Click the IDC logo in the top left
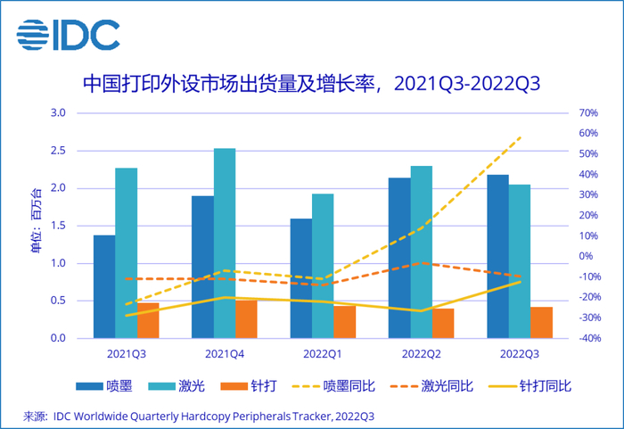point(68,35)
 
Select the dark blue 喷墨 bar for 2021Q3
point(104,286)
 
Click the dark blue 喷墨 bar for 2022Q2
point(398,258)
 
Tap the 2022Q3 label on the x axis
point(519,354)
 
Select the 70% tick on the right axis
point(588,113)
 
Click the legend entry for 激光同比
point(445,386)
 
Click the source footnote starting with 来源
point(198,416)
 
